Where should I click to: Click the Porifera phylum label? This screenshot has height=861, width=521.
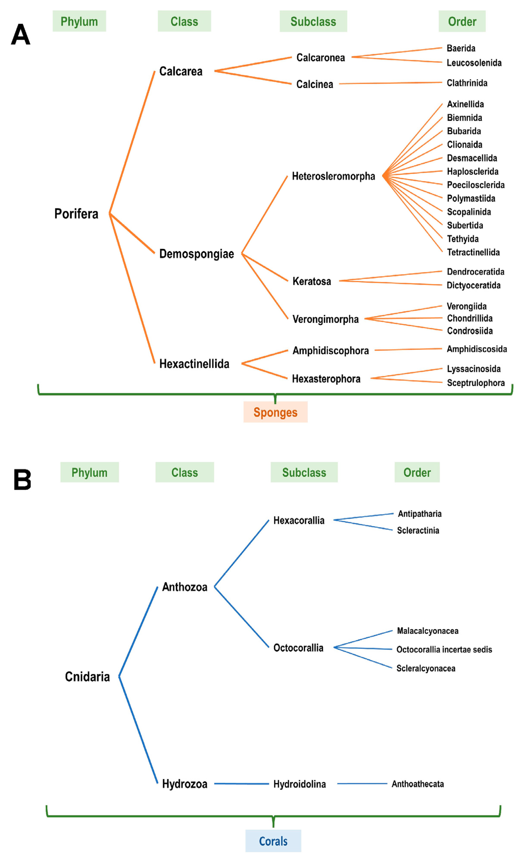coord(76,214)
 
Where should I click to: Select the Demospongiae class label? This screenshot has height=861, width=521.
coord(196,254)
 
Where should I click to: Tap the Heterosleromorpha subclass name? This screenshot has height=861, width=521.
coord(333,176)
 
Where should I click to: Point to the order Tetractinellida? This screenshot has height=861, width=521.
coord(473,252)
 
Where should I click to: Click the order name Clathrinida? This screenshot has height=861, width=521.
coord(467,83)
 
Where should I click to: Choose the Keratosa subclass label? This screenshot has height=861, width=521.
coord(311,281)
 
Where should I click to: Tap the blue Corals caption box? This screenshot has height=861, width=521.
coord(273,841)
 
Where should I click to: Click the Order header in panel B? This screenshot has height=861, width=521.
coord(417,472)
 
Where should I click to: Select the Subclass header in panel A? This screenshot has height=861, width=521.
coord(313,21)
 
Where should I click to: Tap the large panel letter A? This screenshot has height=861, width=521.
coord(21,35)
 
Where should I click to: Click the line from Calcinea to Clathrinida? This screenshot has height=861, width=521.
coord(390,83)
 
